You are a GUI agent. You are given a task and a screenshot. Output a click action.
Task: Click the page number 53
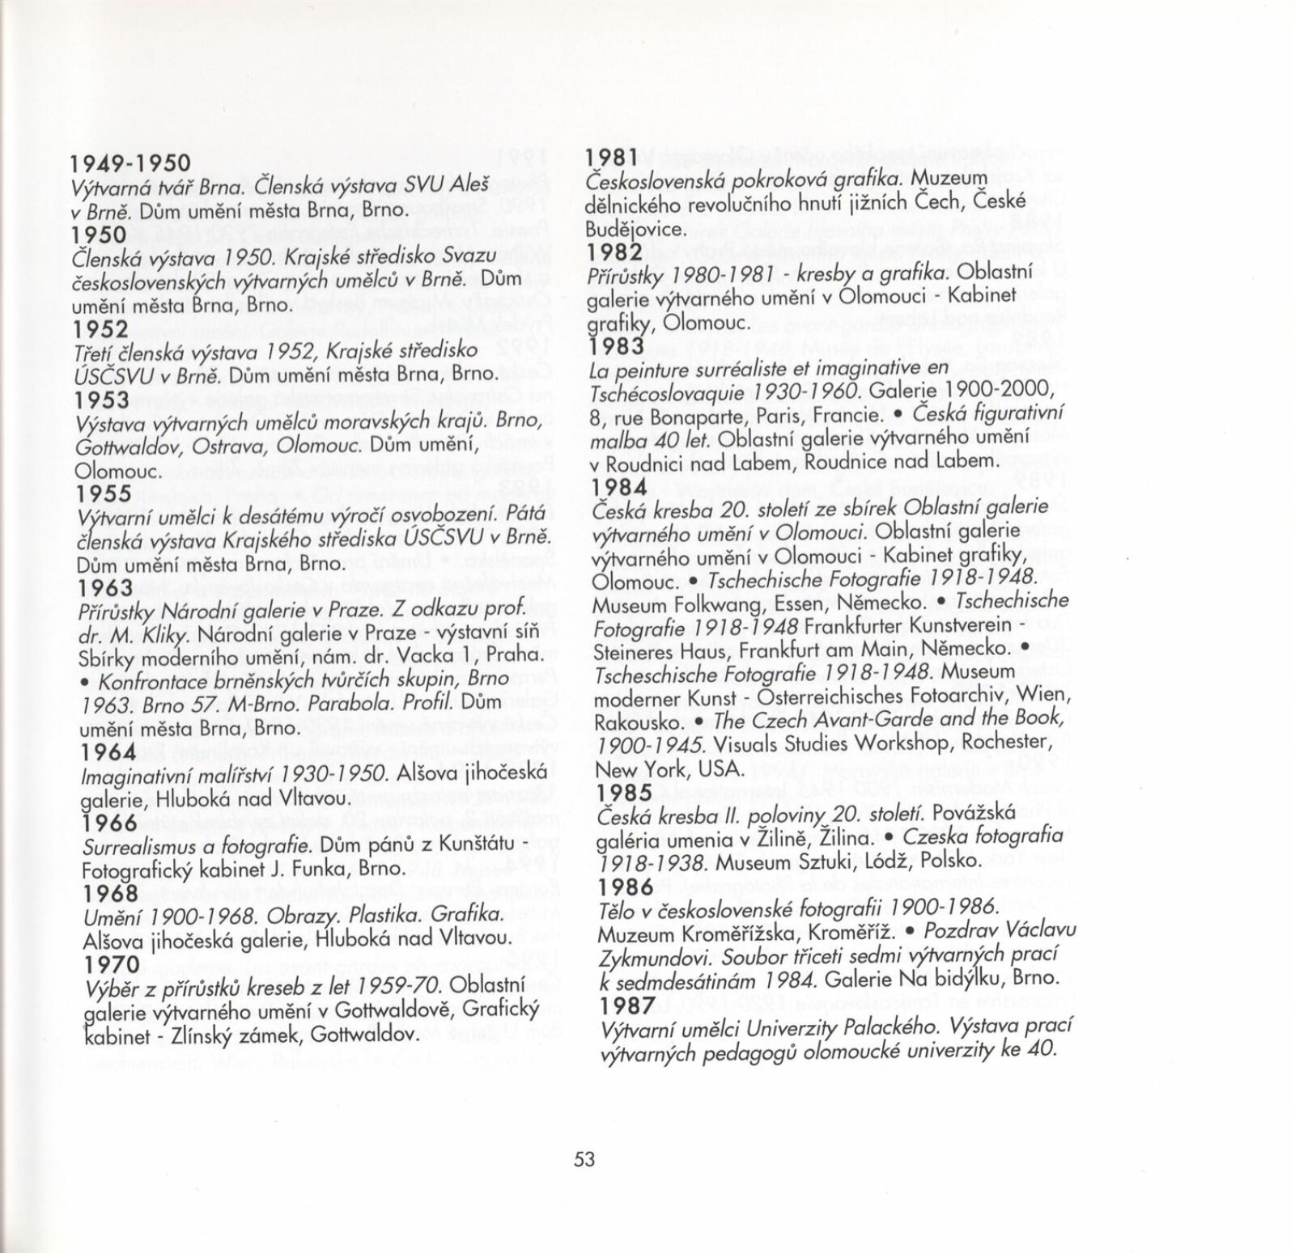(584, 1159)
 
